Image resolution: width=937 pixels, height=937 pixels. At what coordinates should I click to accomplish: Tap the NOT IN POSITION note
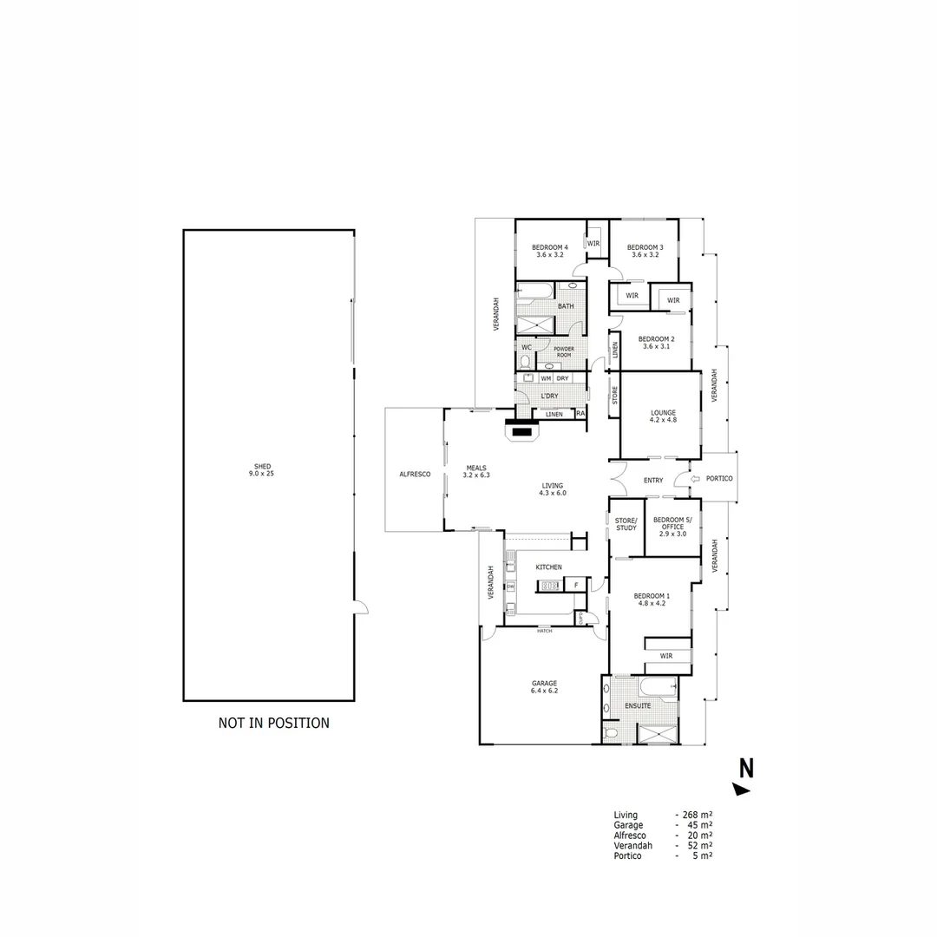pos(273,723)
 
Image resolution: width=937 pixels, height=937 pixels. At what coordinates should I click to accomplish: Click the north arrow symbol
pos(742,789)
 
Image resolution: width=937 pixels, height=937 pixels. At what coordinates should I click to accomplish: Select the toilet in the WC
pos(525,362)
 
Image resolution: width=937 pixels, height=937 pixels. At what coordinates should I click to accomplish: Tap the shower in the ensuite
pos(657,733)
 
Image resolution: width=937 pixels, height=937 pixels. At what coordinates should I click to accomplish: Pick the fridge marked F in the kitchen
pos(575,586)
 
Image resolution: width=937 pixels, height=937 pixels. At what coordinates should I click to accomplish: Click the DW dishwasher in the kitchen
pos(510,586)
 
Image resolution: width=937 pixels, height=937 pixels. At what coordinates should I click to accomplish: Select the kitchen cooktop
pos(550,586)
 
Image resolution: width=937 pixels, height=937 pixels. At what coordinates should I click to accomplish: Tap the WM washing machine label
pos(546,378)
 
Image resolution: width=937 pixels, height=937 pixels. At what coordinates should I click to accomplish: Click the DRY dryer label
pos(563,378)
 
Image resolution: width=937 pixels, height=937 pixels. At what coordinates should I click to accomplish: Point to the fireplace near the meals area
pos(521,430)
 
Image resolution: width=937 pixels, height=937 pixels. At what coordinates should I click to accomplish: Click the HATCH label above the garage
pos(544,631)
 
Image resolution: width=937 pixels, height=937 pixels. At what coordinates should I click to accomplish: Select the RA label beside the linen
pos(580,414)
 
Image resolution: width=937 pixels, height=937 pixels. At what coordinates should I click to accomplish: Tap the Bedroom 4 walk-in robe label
pos(594,243)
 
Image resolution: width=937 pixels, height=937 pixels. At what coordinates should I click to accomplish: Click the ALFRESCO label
pos(415,475)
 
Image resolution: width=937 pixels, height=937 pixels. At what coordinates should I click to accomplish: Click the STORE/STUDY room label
pos(626,524)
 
